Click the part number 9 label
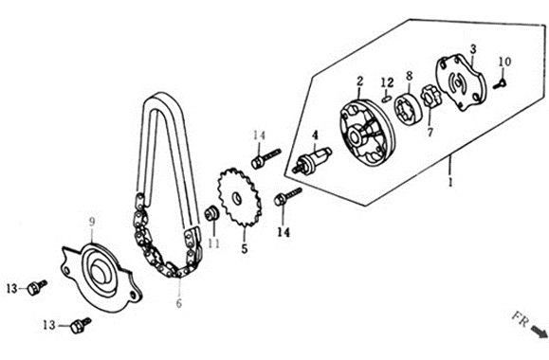[92, 222]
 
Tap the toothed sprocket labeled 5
[240, 198]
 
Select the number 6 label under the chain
[179, 303]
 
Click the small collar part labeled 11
[211, 213]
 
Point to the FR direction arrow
[540, 332]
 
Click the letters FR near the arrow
[521, 319]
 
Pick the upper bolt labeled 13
[37, 288]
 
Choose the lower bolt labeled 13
[81, 325]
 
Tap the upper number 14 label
[259, 135]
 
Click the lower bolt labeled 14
[288, 197]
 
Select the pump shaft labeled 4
[314, 158]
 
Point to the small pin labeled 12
[386, 99]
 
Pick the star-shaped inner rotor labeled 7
[430, 97]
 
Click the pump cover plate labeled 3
[461, 82]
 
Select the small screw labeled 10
[500, 84]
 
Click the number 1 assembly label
[451, 182]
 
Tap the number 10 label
[504, 62]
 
